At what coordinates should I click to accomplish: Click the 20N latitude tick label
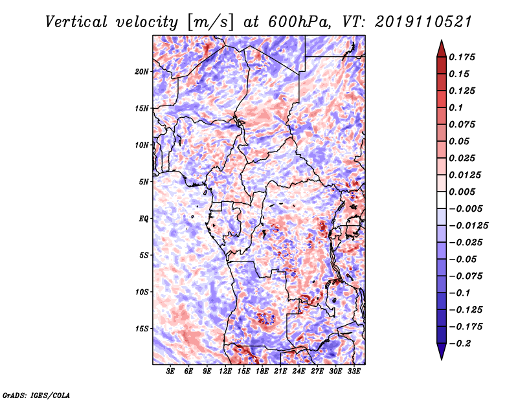tap(142, 72)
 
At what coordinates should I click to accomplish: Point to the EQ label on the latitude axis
tap(144, 219)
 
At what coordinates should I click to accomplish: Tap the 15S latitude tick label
tap(142, 329)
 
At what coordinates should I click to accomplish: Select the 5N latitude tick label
tap(144, 182)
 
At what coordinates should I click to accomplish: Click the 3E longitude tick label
tap(170, 372)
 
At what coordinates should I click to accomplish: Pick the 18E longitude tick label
tap(262, 372)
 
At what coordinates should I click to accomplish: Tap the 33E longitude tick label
tap(354, 372)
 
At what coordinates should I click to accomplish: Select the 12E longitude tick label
tap(225, 372)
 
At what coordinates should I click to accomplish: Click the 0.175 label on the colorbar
tap(462, 57)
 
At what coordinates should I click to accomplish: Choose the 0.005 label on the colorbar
tap(462, 192)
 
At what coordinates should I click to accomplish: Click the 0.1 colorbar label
tap(456, 107)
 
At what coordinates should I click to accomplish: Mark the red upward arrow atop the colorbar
tap(442, 49)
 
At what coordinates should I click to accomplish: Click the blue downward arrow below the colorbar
tap(442, 351)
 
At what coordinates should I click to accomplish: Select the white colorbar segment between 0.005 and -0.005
tap(442, 200)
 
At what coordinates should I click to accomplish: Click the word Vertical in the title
tap(76, 22)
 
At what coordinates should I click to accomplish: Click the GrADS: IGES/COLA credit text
tap(36, 395)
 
